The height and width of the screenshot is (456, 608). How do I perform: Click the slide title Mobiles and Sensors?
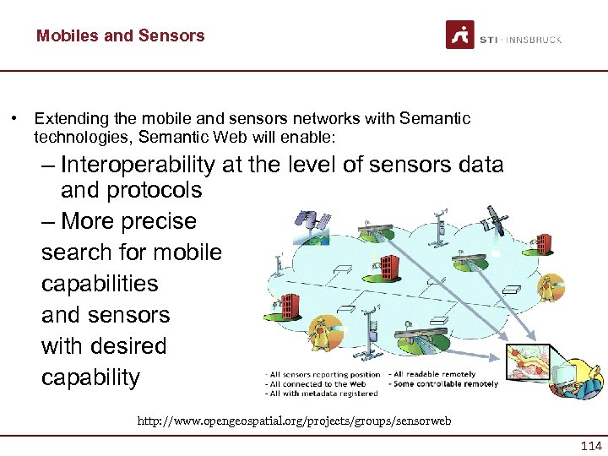click(120, 35)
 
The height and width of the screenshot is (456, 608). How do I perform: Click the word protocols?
click(154, 190)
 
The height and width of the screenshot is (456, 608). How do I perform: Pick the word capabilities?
click(100, 284)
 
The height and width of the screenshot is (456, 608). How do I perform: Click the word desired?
click(125, 346)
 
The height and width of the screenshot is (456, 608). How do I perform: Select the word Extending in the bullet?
click(67, 119)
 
